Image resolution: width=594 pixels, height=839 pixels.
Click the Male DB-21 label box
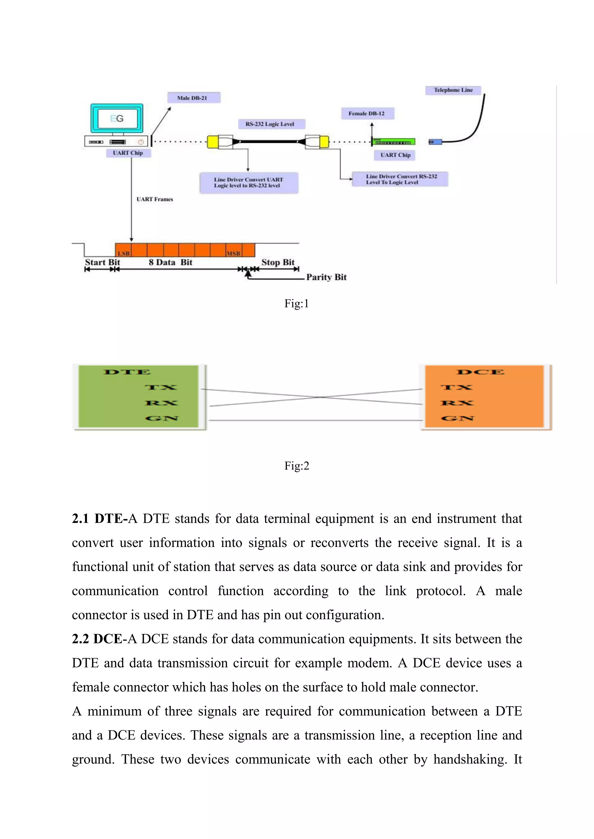coord(193,98)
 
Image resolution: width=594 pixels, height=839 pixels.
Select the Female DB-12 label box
coord(367,114)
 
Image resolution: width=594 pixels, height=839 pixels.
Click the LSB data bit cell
coord(124,250)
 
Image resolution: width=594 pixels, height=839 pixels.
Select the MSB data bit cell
coord(233,250)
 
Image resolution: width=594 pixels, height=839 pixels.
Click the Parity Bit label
coord(326,277)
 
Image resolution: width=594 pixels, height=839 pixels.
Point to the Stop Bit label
coord(278,262)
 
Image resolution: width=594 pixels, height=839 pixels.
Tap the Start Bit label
coord(102,262)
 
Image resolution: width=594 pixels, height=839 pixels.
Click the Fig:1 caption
coord(297,304)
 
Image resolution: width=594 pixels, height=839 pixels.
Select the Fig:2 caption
coord(297,466)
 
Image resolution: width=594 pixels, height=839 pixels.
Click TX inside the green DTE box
coord(161,387)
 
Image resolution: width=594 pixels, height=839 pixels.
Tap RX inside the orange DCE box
coord(457,403)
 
